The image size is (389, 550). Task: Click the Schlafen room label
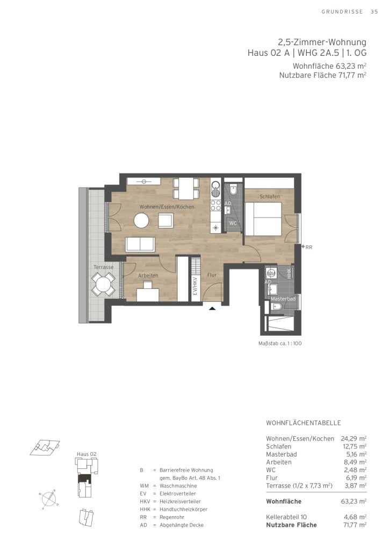[x=270, y=197]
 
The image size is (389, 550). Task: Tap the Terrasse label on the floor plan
[x=104, y=267]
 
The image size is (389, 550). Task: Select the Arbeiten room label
[x=148, y=276]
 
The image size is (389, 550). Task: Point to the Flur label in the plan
[x=212, y=275]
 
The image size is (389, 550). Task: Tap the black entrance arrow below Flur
[x=212, y=308]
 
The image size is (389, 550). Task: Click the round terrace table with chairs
[x=104, y=284]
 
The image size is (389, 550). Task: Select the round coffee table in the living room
[x=141, y=221]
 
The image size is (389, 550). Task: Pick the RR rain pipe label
[x=308, y=247]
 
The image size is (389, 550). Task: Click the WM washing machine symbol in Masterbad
[x=271, y=272]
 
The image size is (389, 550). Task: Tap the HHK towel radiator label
[x=289, y=273]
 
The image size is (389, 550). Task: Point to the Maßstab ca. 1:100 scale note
[x=280, y=343]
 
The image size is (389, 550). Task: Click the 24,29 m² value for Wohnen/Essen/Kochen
[x=354, y=438]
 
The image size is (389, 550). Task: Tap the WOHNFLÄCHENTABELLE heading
[x=304, y=423]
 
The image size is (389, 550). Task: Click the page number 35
[x=374, y=12]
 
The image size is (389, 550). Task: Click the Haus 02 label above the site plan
[x=87, y=454]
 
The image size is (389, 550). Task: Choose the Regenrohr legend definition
[x=172, y=517]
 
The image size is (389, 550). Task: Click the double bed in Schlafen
[x=263, y=219]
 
